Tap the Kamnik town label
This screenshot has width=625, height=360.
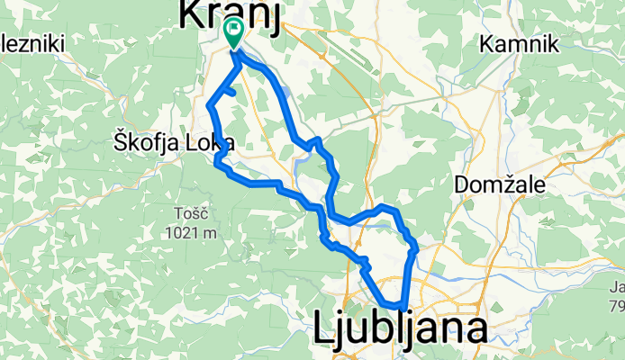(x=521, y=44)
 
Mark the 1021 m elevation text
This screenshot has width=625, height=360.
(x=192, y=232)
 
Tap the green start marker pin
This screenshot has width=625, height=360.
(x=234, y=33)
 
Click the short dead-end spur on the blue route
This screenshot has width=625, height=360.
(x=230, y=92)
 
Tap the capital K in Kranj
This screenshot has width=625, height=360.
(x=192, y=15)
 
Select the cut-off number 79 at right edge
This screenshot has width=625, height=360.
(x=617, y=306)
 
